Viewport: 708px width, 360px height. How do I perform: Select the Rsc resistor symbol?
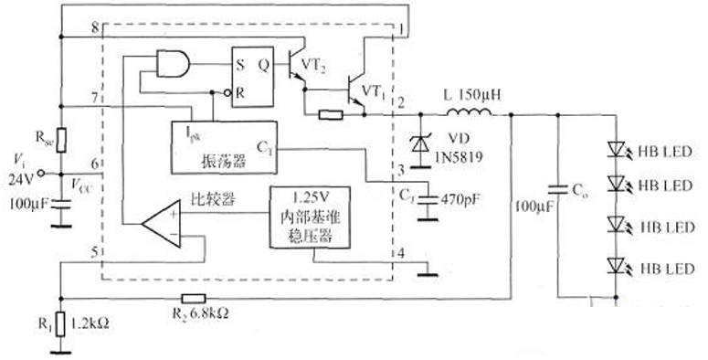click(x=60, y=140)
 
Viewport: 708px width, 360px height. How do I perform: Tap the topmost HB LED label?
click(x=659, y=149)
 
